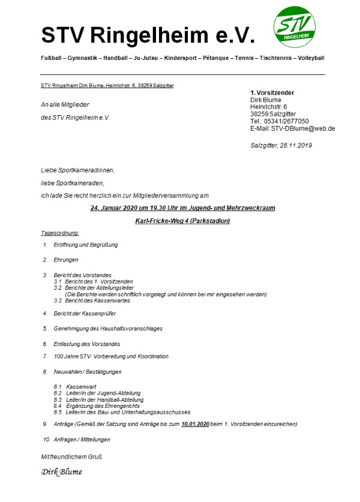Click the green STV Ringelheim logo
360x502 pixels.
(x=295, y=27)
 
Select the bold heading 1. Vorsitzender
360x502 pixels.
(x=272, y=92)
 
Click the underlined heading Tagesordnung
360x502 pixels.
(x=59, y=233)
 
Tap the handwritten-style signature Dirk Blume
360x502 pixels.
(x=62, y=471)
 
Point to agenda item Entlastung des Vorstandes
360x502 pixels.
(x=87, y=344)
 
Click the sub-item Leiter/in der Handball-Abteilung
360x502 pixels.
(x=105, y=399)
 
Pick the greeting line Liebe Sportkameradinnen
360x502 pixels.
(x=77, y=170)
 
